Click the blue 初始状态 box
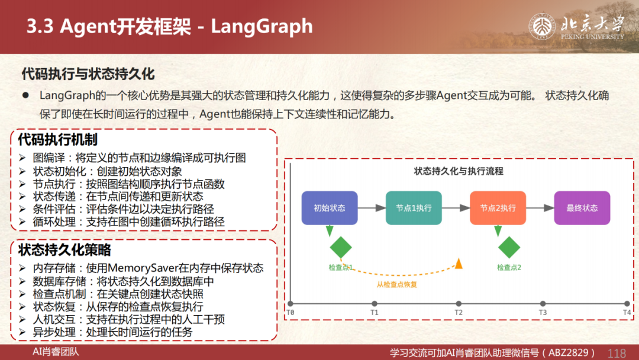(x=330, y=208)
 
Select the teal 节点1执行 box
(x=414, y=208)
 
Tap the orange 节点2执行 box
(x=498, y=208)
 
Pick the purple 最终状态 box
(x=582, y=208)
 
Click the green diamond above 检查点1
(x=341, y=247)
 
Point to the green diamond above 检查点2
(x=509, y=247)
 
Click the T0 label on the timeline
(x=290, y=313)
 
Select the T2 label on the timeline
(x=459, y=313)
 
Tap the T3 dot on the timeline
(x=543, y=303)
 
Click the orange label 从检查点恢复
(x=396, y=285)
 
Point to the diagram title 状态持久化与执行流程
(x=459, y=171)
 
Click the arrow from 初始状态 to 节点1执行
(x=372, y=208)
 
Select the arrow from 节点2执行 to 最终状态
(x=540, y=208)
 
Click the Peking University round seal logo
(x=542, y=27)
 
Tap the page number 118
(x=617, y=353)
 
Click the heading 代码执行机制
(x=58, y=139)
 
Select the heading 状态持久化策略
(x=64, y=250)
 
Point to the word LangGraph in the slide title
(x=262, y=27)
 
